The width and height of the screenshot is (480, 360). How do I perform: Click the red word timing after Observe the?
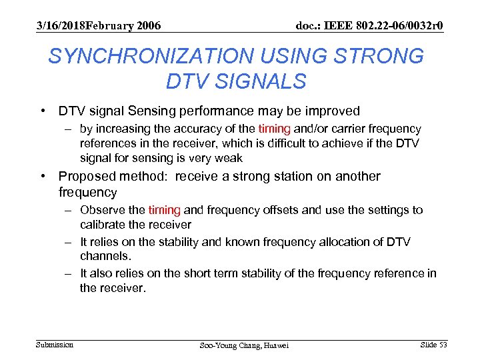[164, 210]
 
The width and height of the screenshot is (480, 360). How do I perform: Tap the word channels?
[104, 256]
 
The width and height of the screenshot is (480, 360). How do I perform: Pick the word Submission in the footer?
[55, 344]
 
